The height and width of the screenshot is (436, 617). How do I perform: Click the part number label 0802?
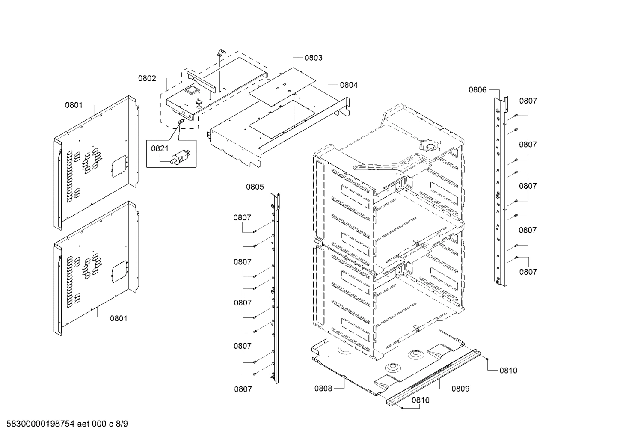147,79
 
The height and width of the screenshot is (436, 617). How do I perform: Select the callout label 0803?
313,58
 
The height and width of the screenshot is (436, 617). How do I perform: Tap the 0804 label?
349,85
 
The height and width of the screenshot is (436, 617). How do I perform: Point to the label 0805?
255,187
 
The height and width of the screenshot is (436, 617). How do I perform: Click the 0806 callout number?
478,89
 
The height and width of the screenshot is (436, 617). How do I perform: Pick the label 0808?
323,389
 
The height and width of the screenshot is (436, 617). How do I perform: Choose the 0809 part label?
460,389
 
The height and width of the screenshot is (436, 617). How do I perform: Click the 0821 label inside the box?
160,148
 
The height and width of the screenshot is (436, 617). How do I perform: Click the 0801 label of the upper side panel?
74,105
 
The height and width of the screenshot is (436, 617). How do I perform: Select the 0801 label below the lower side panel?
119,318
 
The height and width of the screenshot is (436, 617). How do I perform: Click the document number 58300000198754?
39,424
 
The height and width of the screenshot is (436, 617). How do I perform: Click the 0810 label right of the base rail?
508,371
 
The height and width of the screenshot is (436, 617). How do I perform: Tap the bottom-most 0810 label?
421,400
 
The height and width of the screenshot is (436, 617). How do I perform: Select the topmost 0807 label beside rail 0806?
528,101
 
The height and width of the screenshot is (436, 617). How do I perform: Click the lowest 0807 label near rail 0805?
243,389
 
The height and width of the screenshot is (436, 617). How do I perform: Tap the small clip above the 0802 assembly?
221,52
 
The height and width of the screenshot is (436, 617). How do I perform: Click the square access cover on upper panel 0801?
118,165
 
